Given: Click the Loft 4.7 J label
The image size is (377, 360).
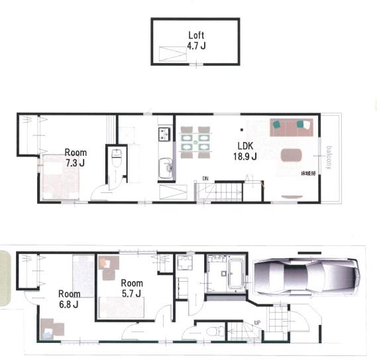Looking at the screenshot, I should (x=197, y=40).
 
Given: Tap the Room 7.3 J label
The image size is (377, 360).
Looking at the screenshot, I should (x=75, y=157).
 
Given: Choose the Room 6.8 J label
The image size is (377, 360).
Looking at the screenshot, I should (x=68, y=299).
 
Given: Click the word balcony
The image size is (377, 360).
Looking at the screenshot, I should (x=329, y=156).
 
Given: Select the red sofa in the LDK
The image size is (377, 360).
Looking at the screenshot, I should (x=291, y=127).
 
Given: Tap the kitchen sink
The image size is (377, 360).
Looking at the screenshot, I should (x=164, y=167).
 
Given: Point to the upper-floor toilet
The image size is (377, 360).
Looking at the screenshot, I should (x=117, y=159).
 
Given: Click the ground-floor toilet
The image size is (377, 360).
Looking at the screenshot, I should (x=212, y=330).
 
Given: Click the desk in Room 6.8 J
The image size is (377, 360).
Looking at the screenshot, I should (x=52, y=328).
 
